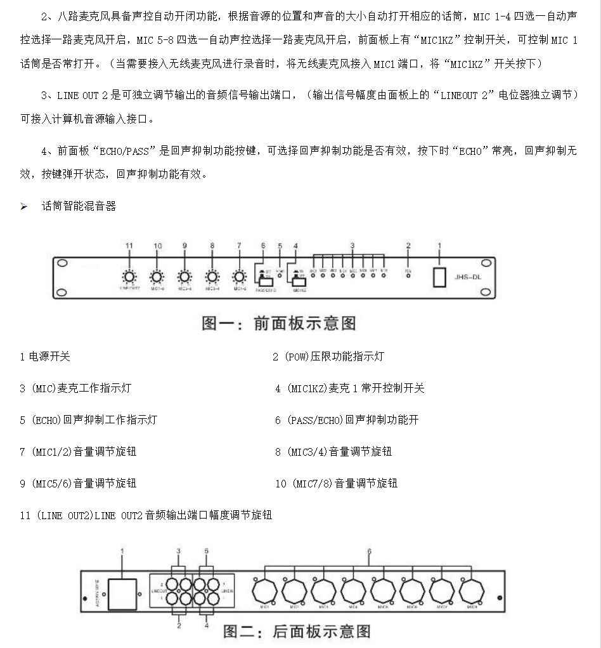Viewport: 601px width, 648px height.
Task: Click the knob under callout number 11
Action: (129, 277)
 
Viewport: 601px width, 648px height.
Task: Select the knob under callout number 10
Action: (157, 277)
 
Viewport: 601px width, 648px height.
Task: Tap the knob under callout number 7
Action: (239, 277)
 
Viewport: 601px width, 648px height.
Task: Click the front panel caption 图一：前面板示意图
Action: (279, 322)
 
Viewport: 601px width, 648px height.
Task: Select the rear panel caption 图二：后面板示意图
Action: (296, 631)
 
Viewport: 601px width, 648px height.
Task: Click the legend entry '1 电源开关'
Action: (44, 357)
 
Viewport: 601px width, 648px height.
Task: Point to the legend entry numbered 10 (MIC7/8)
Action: (336, 484)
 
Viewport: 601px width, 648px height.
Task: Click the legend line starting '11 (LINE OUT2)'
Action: (146, 515)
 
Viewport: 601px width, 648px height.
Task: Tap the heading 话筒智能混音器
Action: (79, 206)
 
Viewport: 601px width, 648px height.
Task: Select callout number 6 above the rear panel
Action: (369, 552)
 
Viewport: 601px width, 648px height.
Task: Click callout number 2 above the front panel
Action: (408, 246)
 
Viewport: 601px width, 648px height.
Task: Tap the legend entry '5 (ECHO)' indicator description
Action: (88, 420)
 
